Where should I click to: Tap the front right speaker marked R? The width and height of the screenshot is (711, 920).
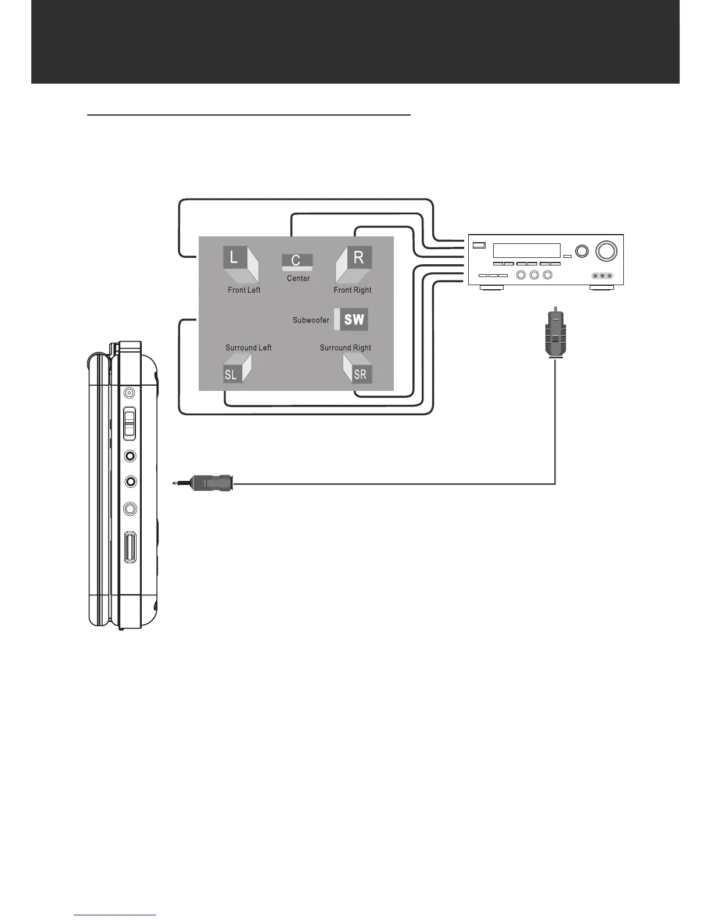[354, 264]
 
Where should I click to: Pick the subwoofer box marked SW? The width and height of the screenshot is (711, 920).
[353, 319]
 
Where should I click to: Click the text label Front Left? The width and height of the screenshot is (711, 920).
[244, 290]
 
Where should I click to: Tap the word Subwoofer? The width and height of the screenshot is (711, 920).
[311, 320]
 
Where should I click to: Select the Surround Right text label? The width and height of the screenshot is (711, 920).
[345, 348]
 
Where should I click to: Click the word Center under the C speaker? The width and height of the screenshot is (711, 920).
[298, 278]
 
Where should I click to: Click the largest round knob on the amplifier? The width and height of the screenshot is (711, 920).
[606, 250]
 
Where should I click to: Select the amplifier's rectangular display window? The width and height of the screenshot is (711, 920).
[526, 250]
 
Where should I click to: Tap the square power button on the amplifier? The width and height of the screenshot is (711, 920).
[479, 245]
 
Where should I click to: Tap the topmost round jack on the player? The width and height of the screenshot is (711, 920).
[130, 393]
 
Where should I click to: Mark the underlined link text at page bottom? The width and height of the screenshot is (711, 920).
[115, 915]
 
